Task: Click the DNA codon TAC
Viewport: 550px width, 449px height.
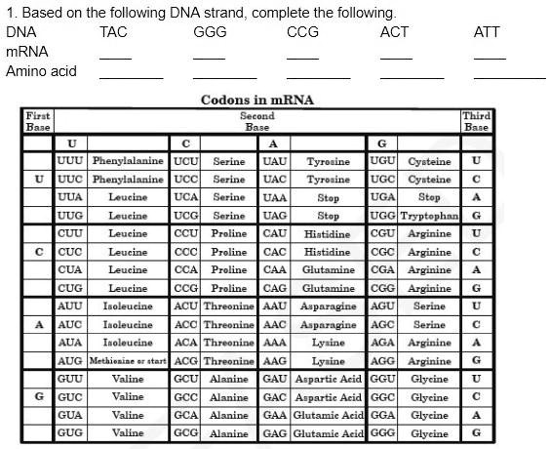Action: tap(113, 32)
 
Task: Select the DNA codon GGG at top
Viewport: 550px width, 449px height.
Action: tap(210, 32)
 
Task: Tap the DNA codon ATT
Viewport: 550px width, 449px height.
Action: tap(487, 32)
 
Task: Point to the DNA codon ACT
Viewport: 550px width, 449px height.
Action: tap(394, 32)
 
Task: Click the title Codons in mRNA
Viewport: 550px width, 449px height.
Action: tap(257, 100)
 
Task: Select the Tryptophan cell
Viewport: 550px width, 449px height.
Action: tap(429, 215)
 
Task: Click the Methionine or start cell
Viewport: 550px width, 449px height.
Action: tap(128, 360)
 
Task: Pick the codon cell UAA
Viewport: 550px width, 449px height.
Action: tap(275, 196)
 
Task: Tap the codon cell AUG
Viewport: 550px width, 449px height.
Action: tap(70, 360)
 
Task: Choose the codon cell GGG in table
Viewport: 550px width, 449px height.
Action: tap(383, 432)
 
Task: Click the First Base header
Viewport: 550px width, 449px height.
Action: tap(38, 121)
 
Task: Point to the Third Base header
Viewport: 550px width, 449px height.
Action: tap(476, 121)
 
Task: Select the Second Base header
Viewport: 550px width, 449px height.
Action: tap(257, 121)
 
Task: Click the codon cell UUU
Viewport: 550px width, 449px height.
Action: tap(70, 160)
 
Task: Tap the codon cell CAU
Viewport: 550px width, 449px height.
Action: tap(275, 233)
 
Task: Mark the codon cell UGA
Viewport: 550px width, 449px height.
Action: tap(383, 196)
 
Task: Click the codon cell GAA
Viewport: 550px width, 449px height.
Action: tap(275, 414)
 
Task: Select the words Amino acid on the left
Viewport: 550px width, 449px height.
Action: tap(41, 70)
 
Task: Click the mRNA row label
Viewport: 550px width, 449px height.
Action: tap(27, 51)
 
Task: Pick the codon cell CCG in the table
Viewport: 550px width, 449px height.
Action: tap(185, 288)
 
